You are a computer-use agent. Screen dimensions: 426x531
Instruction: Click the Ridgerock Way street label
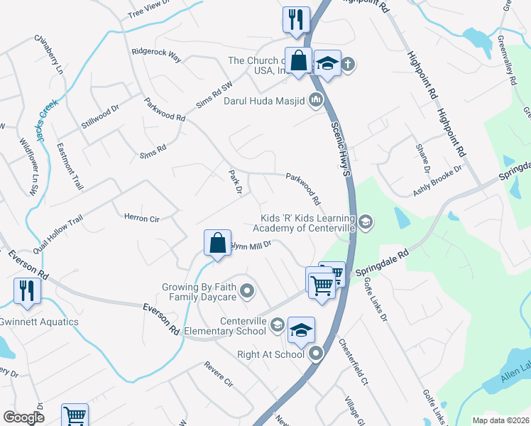click(156, 53)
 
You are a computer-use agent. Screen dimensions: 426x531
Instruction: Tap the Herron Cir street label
click(141, 219)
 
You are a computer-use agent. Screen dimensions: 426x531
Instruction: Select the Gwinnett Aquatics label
click(39, 322)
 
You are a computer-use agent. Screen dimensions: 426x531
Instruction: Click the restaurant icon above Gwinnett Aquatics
click(27, 290)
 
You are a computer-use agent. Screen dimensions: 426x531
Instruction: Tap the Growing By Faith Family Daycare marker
click(247, 290)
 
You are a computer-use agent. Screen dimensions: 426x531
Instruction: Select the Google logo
click(24, 417)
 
